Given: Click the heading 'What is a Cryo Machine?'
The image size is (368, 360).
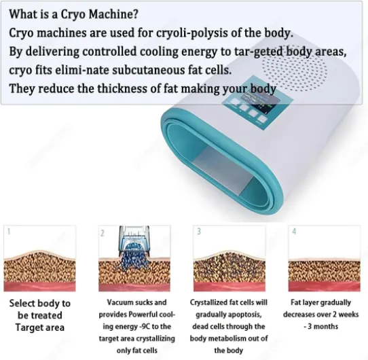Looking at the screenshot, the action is point(73,14).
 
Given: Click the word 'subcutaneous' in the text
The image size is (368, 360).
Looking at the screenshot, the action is point(149,70).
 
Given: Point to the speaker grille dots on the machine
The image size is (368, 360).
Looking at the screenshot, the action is point(294,69).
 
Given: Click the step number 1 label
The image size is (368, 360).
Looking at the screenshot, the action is point(9,232).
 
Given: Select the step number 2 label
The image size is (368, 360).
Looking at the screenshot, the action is point(103,233).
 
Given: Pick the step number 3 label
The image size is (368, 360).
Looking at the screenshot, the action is point(199,232).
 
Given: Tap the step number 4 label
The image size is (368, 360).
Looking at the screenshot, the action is point(294,232).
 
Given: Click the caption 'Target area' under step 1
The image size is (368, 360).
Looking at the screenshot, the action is point(40,327).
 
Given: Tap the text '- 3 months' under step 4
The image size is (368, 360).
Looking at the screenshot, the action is point(321,327).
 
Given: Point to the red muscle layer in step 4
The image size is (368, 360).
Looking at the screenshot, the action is point(325,286).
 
